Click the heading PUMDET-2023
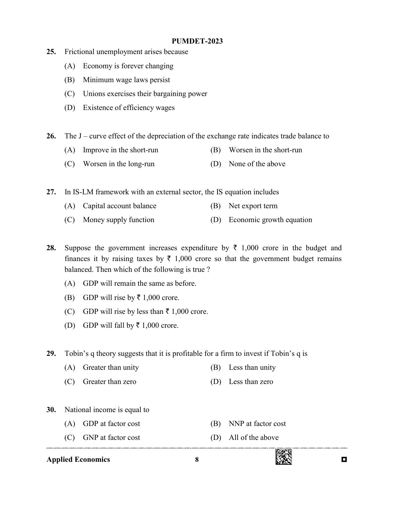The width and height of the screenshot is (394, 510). tap(197, 41)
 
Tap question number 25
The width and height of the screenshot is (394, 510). tap(51, 52)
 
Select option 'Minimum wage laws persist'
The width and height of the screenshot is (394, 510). tap(126, 80)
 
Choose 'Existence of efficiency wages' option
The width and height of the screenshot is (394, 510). tap(129, 108)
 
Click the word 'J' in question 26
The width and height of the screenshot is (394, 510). tap(80, 136)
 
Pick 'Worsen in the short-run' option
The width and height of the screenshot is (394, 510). tap(265, 150)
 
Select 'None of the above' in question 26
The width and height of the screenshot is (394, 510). tap(257, 164)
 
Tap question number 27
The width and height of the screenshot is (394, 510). tap(51, 192)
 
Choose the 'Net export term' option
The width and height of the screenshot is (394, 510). tap(253, 206)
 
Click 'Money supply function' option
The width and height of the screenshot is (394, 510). tap(118, 220)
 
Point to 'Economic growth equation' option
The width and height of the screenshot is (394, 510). tap(270, 220)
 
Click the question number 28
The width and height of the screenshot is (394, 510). tap(51, 248)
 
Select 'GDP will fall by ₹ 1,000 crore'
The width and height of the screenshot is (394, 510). tap(130, 326)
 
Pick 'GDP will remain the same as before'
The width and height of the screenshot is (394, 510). tap(139, 284)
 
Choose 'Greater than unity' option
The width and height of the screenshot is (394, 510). tap(111, 368)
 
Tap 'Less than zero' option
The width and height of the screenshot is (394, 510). tap(251, 382)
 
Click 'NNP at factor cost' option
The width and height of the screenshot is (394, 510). tap(257, 424)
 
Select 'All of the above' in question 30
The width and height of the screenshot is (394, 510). tap(253, 438)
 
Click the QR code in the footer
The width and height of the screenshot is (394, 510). tap(283, 457)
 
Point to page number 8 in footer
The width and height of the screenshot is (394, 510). tap(197, 460)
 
